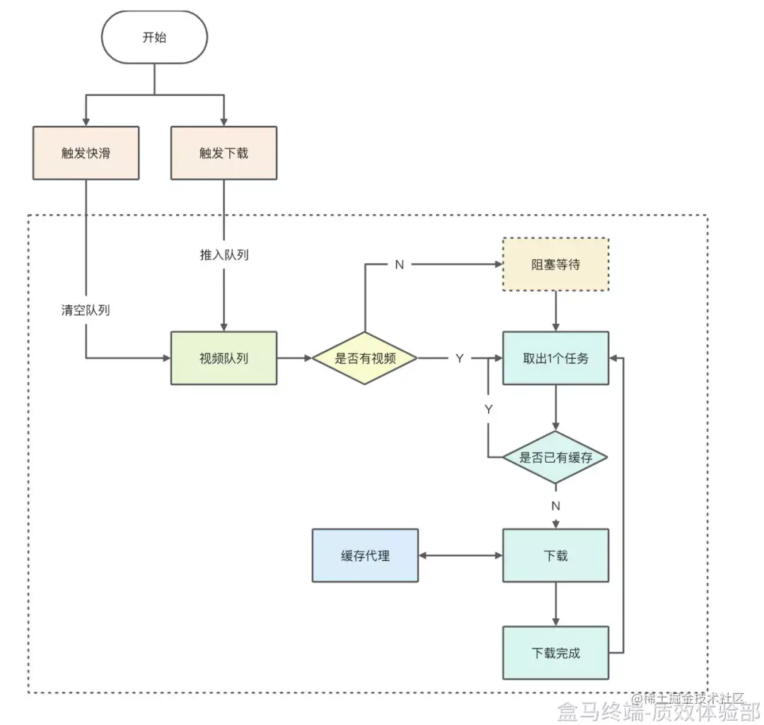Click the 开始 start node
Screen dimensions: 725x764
tap(154, 37)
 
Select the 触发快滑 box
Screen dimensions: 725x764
tap(86, 153)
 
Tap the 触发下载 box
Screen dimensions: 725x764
tap(224, 153)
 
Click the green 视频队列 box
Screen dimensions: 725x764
tap(224, 358)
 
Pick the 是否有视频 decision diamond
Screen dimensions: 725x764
tap(364, 358)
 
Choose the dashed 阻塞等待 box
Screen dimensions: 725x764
tap(556, 264)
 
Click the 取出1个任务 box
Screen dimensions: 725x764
tap(556, 358)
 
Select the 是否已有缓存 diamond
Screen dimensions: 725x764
tap(556, 457)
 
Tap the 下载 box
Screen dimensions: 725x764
tap(556, 555)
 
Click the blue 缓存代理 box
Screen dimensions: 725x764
tap(365, 555)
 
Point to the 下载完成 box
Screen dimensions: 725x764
tap(556, 653)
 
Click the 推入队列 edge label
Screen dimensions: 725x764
tap(224, 255)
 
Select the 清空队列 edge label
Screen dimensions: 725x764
tap(86, 310)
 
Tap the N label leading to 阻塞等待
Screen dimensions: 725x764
tap(400, 264)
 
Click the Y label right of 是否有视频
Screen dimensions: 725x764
tap(459, 358)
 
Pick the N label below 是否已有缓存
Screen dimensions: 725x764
tap(556, 506)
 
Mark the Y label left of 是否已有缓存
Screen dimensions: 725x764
tap(488, 409)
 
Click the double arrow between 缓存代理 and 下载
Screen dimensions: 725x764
tap(460, 555)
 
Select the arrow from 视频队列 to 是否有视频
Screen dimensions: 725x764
tap(294, 358)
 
